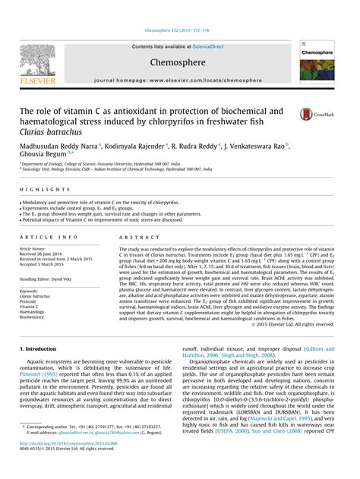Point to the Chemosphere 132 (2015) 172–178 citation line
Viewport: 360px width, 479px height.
179,31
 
